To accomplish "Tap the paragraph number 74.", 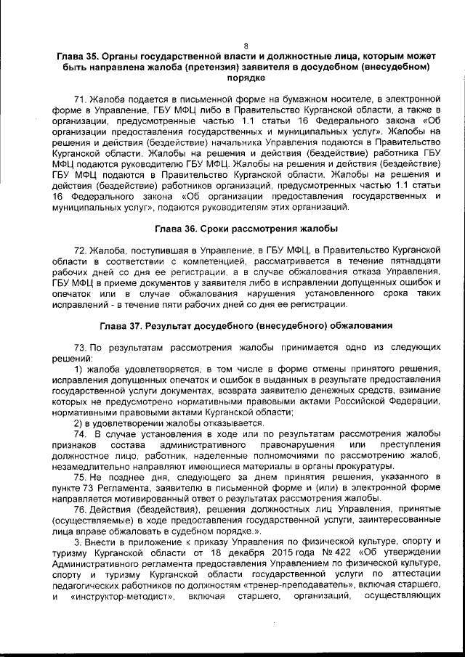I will point(79,433).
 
